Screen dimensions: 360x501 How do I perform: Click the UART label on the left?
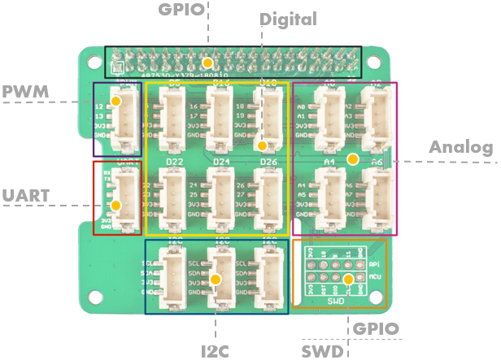24,195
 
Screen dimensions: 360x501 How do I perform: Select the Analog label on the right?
461,147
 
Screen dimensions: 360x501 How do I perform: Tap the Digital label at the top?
288,18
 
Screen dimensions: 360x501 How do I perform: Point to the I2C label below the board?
216,351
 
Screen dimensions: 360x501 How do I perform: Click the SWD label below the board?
322,351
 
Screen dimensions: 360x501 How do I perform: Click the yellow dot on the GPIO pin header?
208,63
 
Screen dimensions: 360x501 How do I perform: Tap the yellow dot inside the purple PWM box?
115,102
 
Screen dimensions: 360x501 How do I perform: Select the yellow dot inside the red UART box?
115,206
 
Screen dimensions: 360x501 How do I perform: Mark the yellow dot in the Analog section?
352,159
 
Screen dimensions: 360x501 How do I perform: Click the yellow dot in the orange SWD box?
348,280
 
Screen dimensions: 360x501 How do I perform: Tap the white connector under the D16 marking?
220,118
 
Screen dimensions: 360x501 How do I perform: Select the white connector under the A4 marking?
330,199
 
